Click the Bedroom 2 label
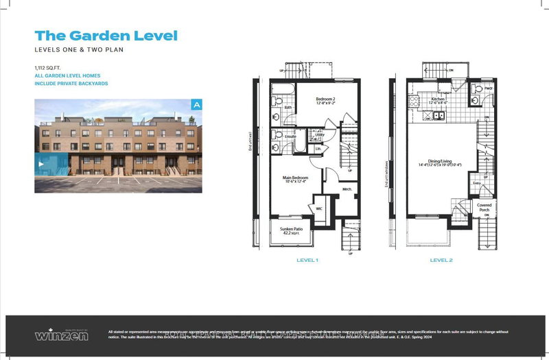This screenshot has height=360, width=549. [324, 99]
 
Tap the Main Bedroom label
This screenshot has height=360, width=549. [296, 178]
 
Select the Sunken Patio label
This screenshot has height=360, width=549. [291, 228]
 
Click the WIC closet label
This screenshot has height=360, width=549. [319, 207]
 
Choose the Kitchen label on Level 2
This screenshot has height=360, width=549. [439, 99]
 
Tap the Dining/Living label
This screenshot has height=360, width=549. [443, 162]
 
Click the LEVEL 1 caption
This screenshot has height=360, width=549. [307, 260]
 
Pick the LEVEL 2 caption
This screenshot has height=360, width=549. [441, 260]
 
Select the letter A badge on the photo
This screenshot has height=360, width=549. [196, 105]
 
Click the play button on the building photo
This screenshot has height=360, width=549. [40, 164]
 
